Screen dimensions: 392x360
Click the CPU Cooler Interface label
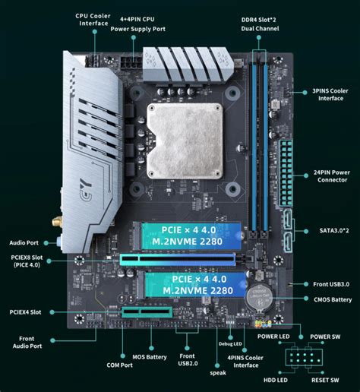(x=91, y=19)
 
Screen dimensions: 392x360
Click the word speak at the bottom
(x=218, y=373)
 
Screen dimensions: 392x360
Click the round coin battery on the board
(x=257, y=298)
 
